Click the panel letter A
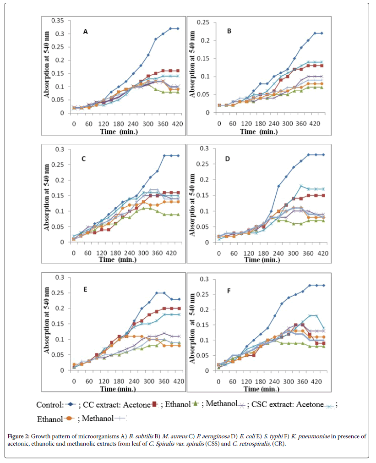pyautogui.click(x=85, y=32)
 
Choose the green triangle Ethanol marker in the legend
pyautogui.click(x=195, y=404)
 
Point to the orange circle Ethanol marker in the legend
pyautogui.click(x=69, y=418)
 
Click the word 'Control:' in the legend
pyautogui.click(x=49, y=405)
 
